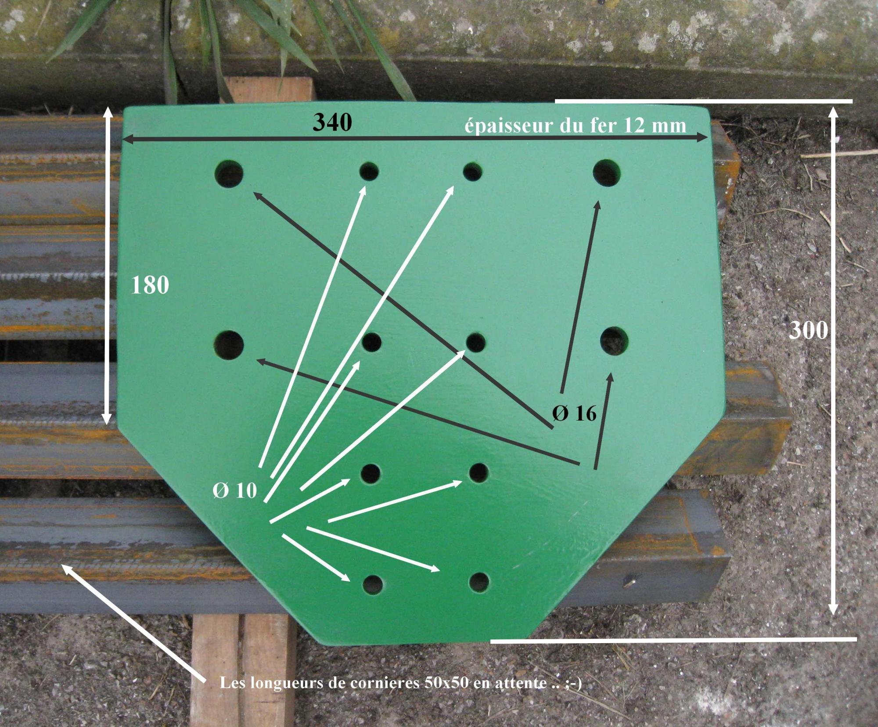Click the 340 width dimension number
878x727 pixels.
point(332,122)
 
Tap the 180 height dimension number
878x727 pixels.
point(150,285)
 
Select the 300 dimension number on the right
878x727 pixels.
point(809,330)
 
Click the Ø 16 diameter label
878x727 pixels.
point(574,413)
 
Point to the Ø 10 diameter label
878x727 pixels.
point(235,490)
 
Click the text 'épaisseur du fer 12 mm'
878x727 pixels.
point(575,126)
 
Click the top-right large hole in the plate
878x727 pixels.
point(607,173)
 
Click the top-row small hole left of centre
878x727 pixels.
point(369,172)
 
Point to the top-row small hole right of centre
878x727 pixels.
point(473,172)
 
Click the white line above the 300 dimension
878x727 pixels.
point(704,101)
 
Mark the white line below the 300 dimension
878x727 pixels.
point(673,640)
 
